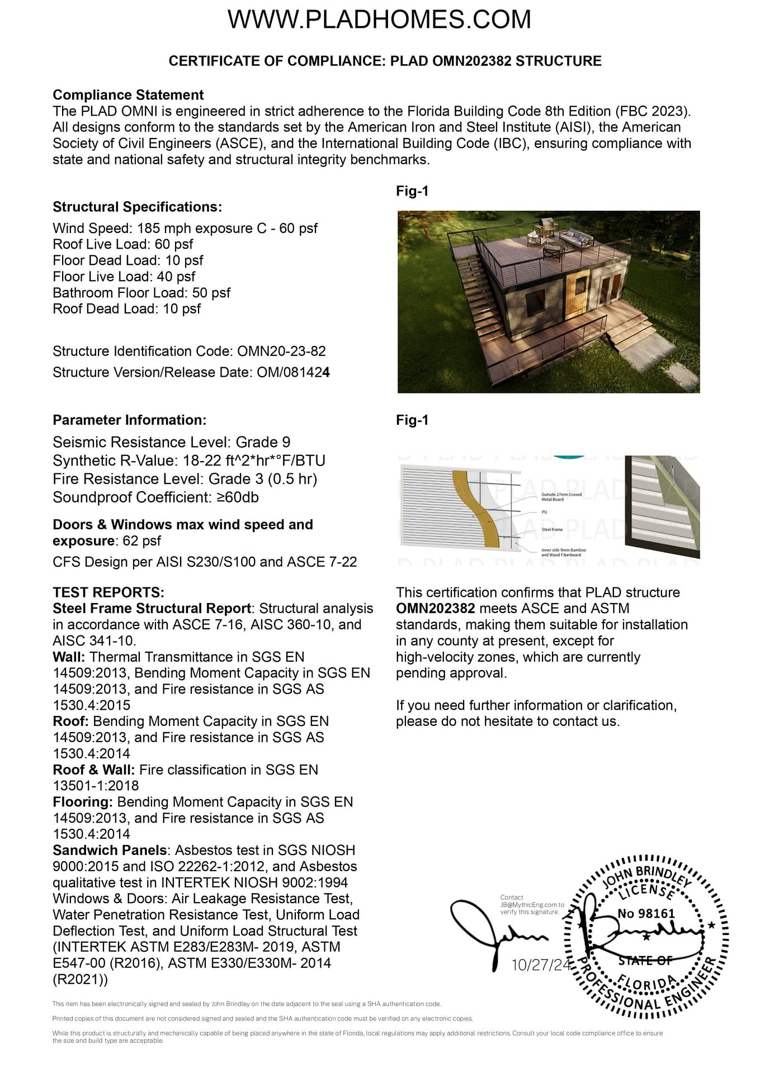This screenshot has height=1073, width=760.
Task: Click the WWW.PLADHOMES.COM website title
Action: [379, 20]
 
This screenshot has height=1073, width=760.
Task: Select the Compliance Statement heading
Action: [128, 95]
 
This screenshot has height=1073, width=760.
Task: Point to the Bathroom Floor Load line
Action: [141, 293]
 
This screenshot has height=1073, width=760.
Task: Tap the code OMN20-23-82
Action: [281, 352]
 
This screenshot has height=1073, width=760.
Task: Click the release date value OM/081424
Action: [293, 373]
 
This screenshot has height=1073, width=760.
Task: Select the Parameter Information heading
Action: [129, 420]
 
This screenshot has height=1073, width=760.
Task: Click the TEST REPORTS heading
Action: [108, 592]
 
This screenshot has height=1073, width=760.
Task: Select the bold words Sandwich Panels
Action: [110, 851]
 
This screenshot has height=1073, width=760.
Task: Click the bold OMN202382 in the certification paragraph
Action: [435, 609]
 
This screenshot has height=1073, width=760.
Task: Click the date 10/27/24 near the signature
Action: [541, 965]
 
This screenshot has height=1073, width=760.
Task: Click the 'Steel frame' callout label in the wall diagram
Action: [552, 529]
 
